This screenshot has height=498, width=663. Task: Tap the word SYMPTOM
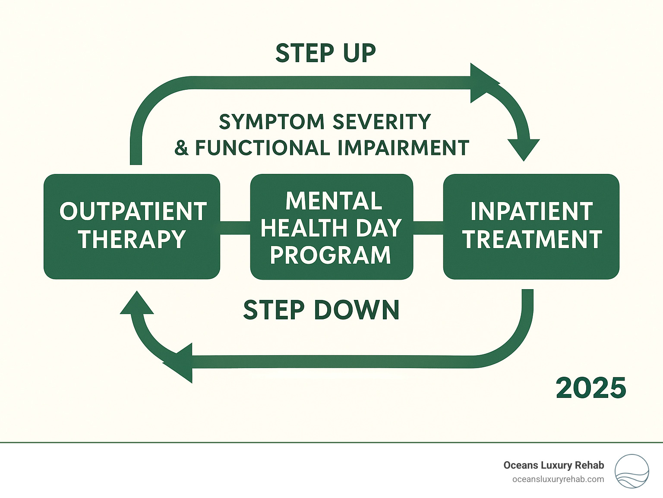pyautogui.click(x=272, y=122)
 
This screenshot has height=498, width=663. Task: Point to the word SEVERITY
pyautogui.click(x=382, y=122)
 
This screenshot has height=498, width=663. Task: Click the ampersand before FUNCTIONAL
pyautogui.click(x=182, y=148)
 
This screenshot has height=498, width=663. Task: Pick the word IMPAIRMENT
pyautogui.click(x=403, y=148)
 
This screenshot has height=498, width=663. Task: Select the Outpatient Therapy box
pyautogui.click(x=132, y=227)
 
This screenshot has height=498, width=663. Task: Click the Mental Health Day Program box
pyautogui.click(x=331, y=227)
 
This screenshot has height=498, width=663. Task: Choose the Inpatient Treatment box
pyautogui.click(x=531, y=227)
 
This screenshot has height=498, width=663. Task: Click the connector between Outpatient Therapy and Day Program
pyautogui.click(x=235, y=228)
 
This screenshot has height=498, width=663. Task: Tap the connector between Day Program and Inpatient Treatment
pyautogui.click(x=428, y=228)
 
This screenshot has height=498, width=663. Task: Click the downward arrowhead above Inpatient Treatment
pyautogui.click(x=524, y=149)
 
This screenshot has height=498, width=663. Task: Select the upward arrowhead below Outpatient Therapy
pyautogui.click(x=137, y=303)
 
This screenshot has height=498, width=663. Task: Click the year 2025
pyautogui.click(x=590, y=388)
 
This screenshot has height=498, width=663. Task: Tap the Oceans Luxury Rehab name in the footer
pyautogui.click(x=553, y=465)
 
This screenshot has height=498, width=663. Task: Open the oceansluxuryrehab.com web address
pyautogui.click(x=558, y=479)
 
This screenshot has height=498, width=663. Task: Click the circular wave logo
pyautogui.click(x=631, y=471)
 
